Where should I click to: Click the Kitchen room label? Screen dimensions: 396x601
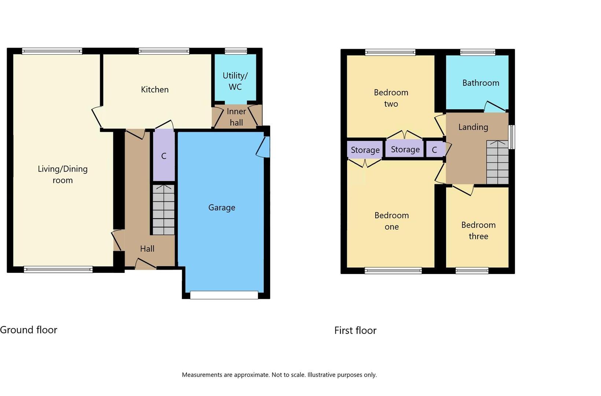(x=155, y=89)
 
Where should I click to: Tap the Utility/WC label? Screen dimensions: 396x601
(x=235, y=81)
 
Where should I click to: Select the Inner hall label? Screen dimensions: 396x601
(x=236, y=117)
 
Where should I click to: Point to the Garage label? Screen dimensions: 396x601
(x=222, y=208)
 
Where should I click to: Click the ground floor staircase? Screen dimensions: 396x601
(x=163, y=210)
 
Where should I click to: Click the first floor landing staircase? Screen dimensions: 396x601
(x=497, y=162)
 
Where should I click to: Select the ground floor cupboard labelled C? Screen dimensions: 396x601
(x=164, y=156)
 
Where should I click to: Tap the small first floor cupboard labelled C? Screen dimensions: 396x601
(x=435, y=150)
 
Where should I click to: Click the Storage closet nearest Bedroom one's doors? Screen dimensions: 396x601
(x=365, y=150)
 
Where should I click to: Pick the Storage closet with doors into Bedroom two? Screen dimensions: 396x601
(x=405, y=149)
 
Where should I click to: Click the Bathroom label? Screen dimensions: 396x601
(x=480, y=83)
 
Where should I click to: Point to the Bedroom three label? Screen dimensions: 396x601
(x=478, y=230)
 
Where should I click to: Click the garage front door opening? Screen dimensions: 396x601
(x=224, y=295)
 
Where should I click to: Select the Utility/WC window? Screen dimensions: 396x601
(x=236, y=51)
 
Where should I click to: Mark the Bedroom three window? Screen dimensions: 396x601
(x=472, y=271)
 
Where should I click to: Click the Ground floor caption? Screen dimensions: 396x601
(x=29, y=330)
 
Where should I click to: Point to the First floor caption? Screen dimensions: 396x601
(x=355, y=330)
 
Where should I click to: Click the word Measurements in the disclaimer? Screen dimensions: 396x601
(x=202, y=375)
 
